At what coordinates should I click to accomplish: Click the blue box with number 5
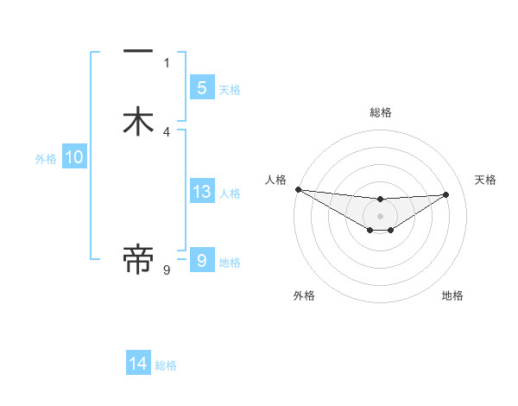[x=201, y=87]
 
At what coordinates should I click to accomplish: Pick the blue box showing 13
[x=201, y=192]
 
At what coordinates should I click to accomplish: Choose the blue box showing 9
[x=201, y=260]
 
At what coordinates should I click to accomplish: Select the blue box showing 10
[x=74, y=157]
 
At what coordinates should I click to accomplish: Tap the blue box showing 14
[x=138, y=364]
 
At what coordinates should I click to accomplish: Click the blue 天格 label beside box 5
[x=230, y=90]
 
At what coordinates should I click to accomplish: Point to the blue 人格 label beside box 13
[x=231, y=193]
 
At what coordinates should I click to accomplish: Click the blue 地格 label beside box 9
[x=230, y=263]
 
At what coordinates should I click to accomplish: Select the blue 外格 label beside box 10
[x=46, y=159]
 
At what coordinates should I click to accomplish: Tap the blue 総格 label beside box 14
[x=166, y=366]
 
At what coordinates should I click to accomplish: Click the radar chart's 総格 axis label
[x=380, y=112]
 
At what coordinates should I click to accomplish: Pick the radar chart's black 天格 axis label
[x=486, y=180]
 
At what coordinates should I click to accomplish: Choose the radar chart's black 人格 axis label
[x=275, y=180]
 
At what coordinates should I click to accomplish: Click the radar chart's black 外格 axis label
[x=303, y=295]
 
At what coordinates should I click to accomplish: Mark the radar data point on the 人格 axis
[x=298, y=189]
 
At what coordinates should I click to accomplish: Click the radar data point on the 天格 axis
[x=445, y=194]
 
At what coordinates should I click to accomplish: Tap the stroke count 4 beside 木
[x=167, y=131]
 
